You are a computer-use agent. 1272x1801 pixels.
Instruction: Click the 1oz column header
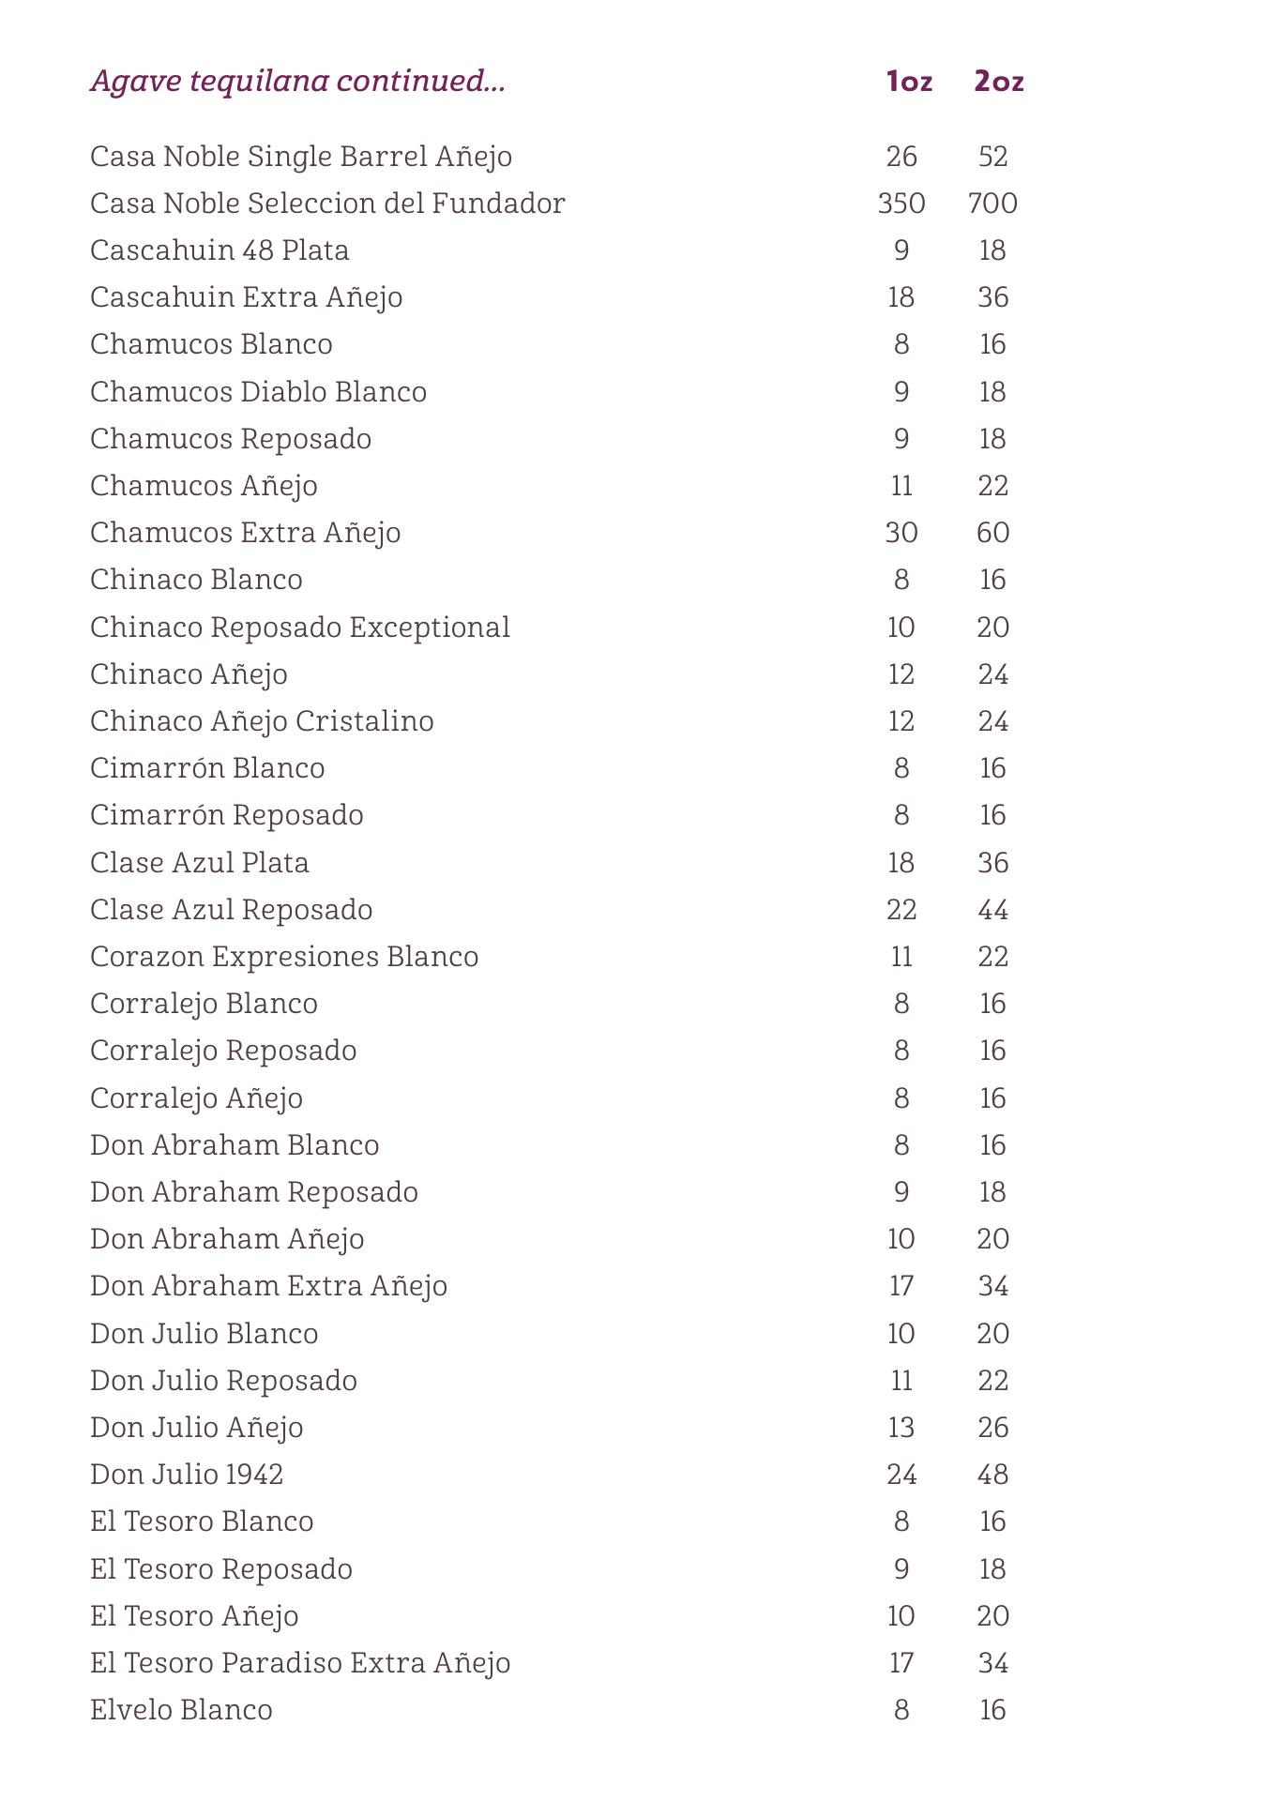pyautogui.click(x=908, y=82)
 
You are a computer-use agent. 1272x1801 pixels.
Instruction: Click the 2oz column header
pyautogui.click(x=998, y=82)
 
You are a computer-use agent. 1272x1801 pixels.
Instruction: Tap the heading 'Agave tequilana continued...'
pyautogui.click(x=297, y=82)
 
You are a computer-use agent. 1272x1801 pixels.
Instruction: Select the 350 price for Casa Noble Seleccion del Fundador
pyautogui.click(x=901, y=204)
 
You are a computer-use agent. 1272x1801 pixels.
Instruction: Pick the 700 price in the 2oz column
pyautogui.click(x=992, y=204)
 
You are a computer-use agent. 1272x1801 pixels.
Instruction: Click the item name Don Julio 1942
pyautogui.click(x=187, y=1475)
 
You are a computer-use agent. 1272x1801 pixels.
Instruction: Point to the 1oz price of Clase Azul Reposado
pyautogui.click(x=901, y=910)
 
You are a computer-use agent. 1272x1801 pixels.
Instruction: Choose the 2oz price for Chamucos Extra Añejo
pyautogui.click(x=992, y=533)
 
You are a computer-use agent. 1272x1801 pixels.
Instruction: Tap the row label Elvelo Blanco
pyautogui.click(x=181, y=1710)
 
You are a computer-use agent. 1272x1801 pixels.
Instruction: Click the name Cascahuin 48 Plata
pyautogui.click(x=220, y=250)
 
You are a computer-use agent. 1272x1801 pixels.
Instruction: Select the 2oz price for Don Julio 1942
pyautogui.click(x=992, y=1475)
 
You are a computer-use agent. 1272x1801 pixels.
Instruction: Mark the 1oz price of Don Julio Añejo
pyautogui.click(x=901, y=1428)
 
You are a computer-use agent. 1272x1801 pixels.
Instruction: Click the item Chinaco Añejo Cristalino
pyautogui.click(x=262, y=721)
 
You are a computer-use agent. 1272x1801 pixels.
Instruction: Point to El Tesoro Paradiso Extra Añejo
pyautogui.click(x=300, y=1663)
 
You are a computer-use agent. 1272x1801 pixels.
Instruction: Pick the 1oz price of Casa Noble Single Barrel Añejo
pyautogui.click(x=901, y=157)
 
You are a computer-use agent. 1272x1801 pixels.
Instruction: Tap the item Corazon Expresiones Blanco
pyautogui.click(x=284, y=957)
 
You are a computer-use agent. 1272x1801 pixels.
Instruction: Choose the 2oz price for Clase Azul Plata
pyautogui.click(x=992, y=863)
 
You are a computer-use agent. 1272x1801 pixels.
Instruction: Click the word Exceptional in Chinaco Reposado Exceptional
pyautogui.click(x=430, y=628)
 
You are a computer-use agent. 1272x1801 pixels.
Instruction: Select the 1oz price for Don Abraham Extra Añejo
pyautogui.click(x=901, y=1286)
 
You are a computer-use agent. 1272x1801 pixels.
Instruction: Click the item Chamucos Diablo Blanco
pyautogui.click(x=258, y=392)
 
